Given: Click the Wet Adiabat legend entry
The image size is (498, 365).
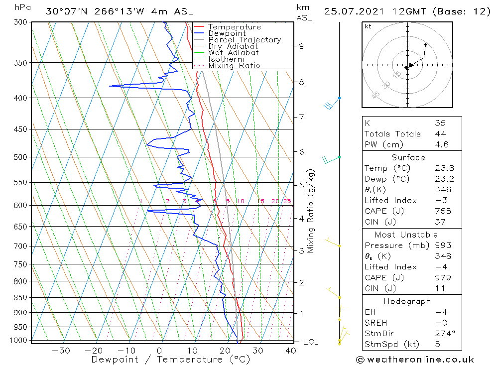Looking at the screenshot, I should pos(234,53).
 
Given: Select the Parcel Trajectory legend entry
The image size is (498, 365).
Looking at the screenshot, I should pos(244,40).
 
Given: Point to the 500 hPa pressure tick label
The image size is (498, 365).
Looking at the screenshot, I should pos(21,157).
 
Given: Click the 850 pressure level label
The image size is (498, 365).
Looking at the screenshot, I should pos(21,298).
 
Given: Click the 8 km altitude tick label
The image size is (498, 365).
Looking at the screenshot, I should pos(301,82).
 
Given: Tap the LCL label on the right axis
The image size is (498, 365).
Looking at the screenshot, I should pos(310,342).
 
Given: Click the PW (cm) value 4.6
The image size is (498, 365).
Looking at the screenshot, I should pos(441,144).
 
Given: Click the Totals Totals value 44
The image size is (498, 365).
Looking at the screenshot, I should pos(440,134).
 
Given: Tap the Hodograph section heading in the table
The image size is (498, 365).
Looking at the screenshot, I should pos(407,301).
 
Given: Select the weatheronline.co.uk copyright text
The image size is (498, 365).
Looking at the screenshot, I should pos(414,359).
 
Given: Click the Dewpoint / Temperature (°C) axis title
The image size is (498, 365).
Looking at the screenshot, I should pos(170,359).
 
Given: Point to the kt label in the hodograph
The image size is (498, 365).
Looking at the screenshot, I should pos(368,26).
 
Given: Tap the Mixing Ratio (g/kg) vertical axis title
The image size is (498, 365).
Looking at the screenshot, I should pos(311,211).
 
